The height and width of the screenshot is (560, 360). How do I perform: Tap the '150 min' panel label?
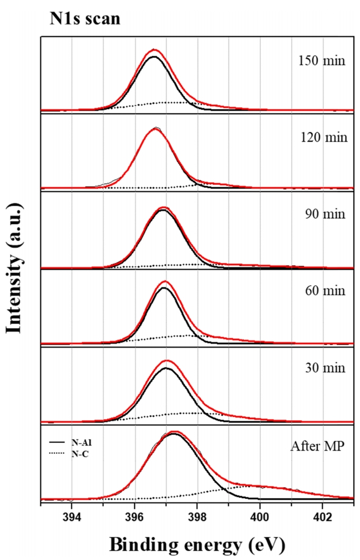(x=322, y=59)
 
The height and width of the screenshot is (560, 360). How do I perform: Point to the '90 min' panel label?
(x=324, y=214)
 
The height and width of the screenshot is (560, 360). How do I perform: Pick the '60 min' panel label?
(x=324, y=290)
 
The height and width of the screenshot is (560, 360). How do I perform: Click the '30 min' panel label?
(x=324, y=368)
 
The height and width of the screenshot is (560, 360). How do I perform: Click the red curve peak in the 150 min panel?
(x=154, y=50)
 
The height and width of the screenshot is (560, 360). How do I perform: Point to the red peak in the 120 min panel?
(x=155, y=129)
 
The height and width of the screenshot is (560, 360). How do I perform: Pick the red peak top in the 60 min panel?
(x=165, y=282)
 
